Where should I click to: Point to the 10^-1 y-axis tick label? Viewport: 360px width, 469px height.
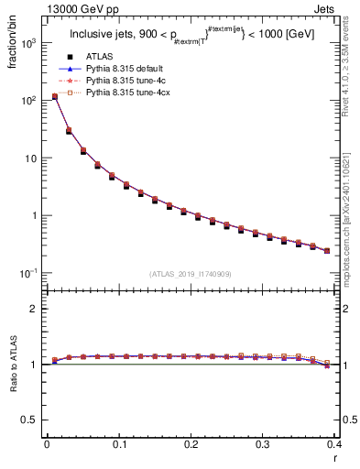click(30, 273)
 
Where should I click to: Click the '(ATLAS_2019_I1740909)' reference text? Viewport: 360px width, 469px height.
click(190, 274)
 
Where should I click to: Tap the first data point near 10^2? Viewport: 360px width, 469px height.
click(54, 96)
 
